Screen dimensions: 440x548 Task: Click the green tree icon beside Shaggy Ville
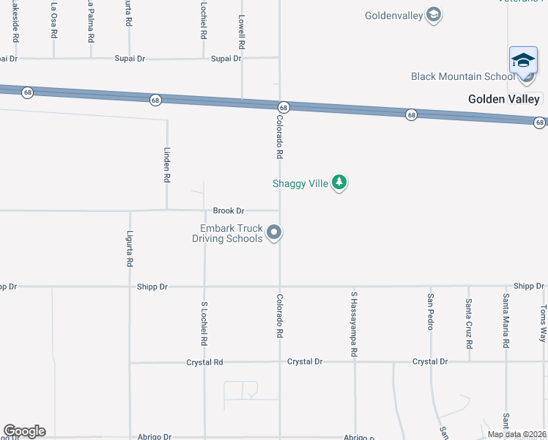tap(338, 183)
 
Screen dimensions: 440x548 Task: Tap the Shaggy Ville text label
tap(300, 183)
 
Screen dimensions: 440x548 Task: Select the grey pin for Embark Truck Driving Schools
tap(274, 233)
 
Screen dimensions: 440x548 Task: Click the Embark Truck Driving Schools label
tap(227, 233)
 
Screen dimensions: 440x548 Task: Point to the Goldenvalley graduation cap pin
tap(434, 15)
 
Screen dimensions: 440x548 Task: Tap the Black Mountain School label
tap(463, 76)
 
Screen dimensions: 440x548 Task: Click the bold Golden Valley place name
tap(504, 99)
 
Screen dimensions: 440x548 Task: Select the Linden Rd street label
tap(167, 167)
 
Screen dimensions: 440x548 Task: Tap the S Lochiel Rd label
tap(204, 323)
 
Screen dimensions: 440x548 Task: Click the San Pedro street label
tap(431, 312)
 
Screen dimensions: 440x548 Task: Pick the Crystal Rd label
tap(204, 362)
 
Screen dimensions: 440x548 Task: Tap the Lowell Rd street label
tap(241, 34)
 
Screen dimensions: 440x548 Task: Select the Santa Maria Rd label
tap(506, 321)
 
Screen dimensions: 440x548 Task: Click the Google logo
tap(24, 431)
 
